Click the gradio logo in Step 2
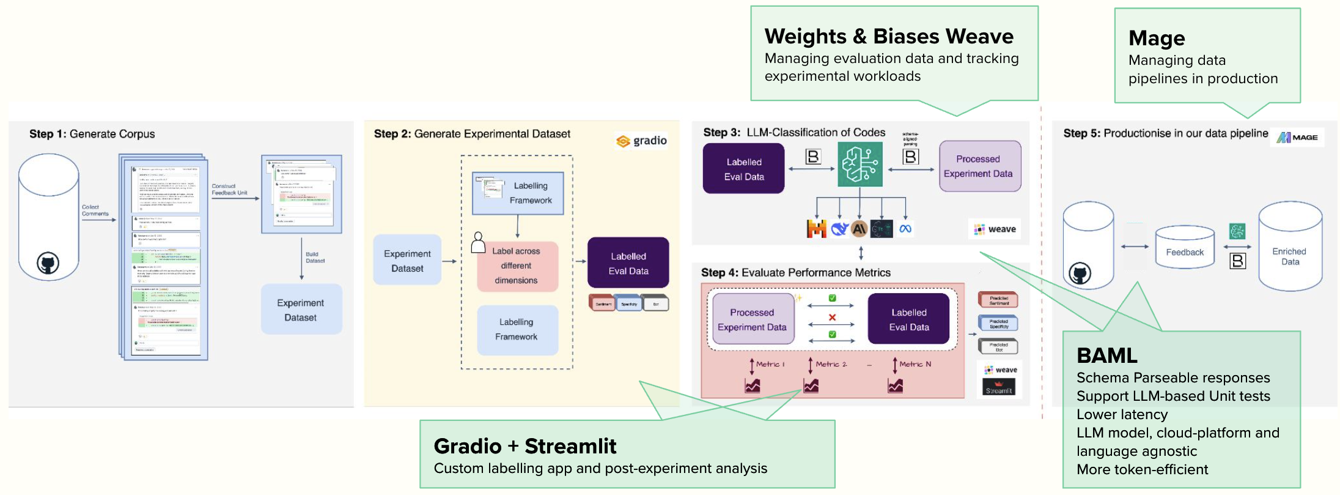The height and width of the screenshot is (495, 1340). point(641,141)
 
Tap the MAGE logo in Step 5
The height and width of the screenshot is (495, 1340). point(1297,138)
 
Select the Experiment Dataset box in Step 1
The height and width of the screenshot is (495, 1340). point(301,310)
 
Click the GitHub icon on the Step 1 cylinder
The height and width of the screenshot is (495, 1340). point(48,264)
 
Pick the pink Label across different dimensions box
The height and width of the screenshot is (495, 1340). point(517,266)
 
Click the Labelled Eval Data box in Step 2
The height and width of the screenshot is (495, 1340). point(628,263)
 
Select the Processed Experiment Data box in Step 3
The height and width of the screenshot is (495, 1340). point(979,166)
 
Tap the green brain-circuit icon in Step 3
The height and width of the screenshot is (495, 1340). point(860,164)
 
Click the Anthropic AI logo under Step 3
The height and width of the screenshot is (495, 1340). point(859,229)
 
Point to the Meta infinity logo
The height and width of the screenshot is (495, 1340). point(905,229)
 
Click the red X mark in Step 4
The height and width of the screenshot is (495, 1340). point(832,317)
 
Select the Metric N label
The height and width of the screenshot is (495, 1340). point(915,364)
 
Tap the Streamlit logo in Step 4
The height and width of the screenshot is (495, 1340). point(999,387)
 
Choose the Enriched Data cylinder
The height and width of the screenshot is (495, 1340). point(1290,247)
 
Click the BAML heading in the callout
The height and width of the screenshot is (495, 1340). point(1106,355)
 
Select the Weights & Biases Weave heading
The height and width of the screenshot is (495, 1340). point(888,37)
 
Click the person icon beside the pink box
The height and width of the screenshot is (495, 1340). point(478,243)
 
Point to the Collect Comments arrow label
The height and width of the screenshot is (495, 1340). point(95,210)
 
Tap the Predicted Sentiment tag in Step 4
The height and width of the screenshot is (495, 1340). point(998,300)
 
